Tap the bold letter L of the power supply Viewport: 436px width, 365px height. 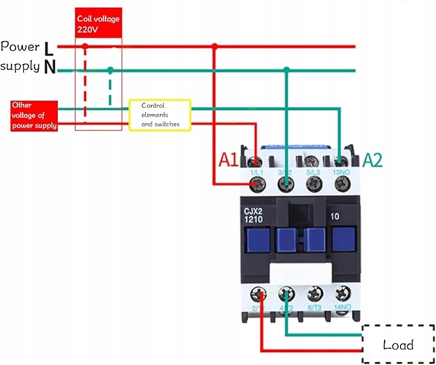click(x=50, y=47)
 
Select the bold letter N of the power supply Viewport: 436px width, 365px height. click(x=49, y=67)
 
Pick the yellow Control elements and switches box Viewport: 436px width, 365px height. click(x=160, y=115)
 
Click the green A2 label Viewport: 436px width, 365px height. click(x=372, y=160)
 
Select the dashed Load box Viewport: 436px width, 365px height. click(x=398, y=344)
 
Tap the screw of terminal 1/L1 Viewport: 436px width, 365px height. click(x=258, y=185)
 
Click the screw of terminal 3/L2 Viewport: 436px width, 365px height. click(x=286, y=185)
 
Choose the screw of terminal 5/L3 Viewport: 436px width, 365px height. click(x=314, y=185)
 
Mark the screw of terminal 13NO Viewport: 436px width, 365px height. click(x=342, y=185)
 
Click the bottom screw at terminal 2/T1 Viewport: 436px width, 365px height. click(x=258, y=296)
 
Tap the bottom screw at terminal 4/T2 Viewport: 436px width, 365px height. click(x=286, y=296)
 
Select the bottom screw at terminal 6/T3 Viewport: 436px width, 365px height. click(x=314, y=296)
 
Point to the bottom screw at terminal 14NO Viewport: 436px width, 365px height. click(x=342, y=296)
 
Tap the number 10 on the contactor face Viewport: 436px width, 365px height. click(x=335, y=216)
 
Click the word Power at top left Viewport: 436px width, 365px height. click(x=20, y=46)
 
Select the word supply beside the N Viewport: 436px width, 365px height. click(x=20, y=66)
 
